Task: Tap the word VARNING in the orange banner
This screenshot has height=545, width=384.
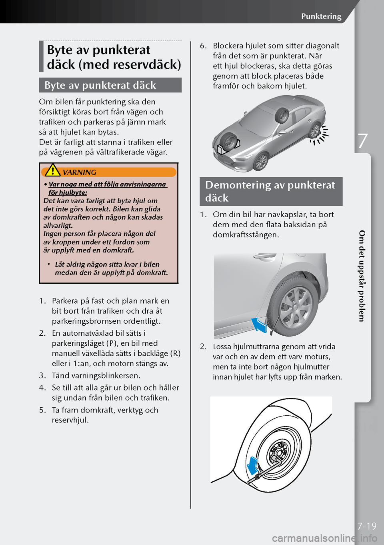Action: (79, 172)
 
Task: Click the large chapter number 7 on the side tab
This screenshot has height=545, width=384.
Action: (362, 141)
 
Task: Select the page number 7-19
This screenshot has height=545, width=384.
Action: (367, 526)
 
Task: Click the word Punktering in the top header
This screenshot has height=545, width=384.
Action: (321, 16)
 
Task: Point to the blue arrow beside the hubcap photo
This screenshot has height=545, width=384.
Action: (259, 324)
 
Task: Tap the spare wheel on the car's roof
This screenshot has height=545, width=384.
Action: (283, 116)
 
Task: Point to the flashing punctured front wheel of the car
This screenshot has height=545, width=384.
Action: (316, 131)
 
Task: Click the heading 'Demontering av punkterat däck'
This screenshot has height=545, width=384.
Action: (270, 191)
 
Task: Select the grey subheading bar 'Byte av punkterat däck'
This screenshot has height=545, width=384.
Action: (110, 85)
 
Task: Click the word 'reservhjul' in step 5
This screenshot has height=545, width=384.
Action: (70, 420)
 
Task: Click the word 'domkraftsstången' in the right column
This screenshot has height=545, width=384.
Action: (246, 235)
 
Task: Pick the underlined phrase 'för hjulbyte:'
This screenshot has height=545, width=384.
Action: (68, 192)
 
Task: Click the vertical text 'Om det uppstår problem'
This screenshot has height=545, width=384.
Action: (362, 276)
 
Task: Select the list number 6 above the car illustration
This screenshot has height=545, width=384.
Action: (203, 46)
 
